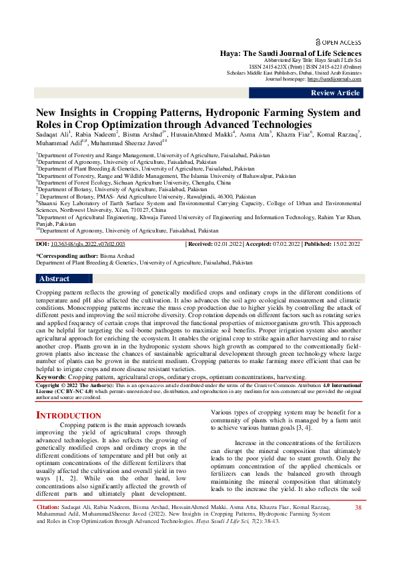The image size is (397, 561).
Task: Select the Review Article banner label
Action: tap(334, 93)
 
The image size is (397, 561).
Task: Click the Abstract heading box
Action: tap(55, 279)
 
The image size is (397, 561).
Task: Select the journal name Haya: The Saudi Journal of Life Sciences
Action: tap(291, 53)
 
